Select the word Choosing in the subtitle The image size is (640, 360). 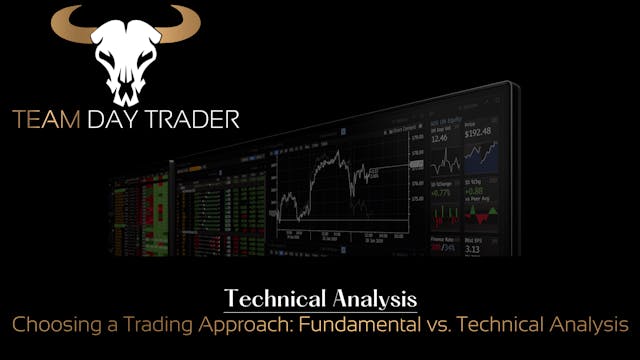pyautogui.click(x=49, y=324)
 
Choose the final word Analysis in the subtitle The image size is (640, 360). pyautogui.click(x=588, y=324)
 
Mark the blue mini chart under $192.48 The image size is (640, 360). pyautogui.click(x=485, y=155)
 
